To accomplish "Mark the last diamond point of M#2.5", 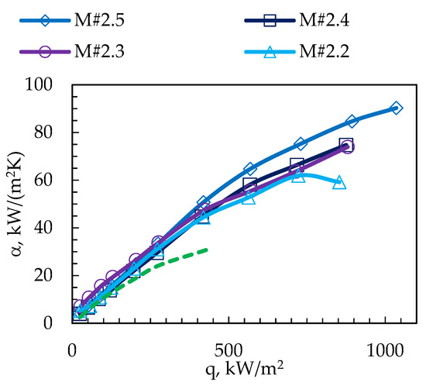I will point(396,108).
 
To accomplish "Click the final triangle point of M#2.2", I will point(338,183).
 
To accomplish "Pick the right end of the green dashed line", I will point(208,250).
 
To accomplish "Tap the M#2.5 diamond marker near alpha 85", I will point(352,122).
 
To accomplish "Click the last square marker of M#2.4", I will point(346,145).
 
